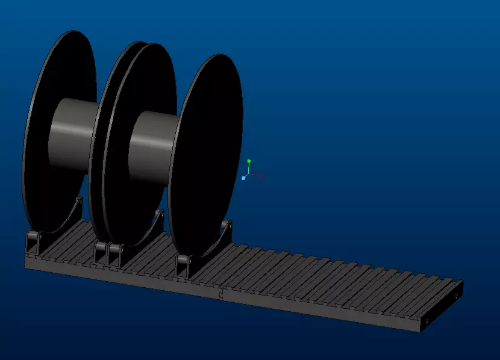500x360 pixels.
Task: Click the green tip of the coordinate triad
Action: pyautogui.click(x=249, y=161)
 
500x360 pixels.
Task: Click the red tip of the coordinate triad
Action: pyautogui.click(x=261, y=176)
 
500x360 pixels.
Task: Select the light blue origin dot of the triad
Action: pyautogui.click(x=243, y=178)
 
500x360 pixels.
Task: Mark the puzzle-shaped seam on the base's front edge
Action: pyautogui.click(x=222, y=296)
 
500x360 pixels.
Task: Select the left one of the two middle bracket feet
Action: pyautogui.click(x=101, y=253)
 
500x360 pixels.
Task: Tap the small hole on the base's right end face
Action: pyautogui.click(x=427, y=321)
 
